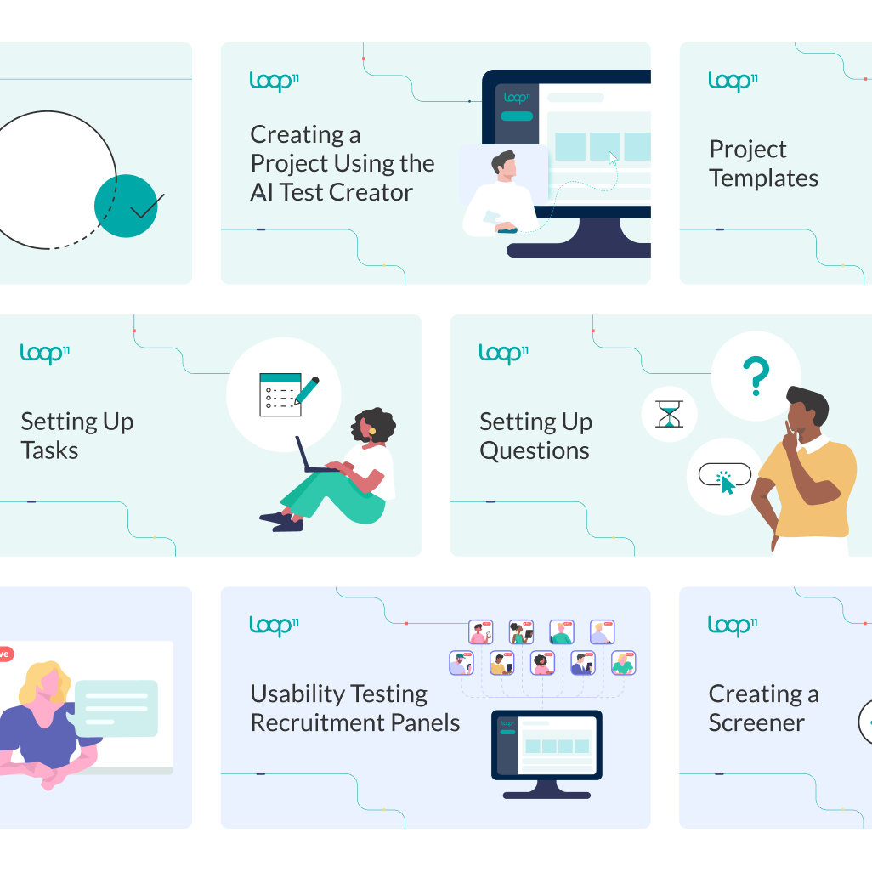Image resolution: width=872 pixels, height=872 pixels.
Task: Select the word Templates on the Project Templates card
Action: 764,178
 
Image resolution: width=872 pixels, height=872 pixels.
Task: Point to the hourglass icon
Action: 669,414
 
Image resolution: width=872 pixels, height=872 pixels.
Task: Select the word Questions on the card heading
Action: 535,450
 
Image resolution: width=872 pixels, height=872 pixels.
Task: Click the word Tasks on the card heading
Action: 49,450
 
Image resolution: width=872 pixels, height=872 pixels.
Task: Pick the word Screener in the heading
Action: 756,722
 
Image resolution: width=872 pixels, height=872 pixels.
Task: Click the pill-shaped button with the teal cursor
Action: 725,474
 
